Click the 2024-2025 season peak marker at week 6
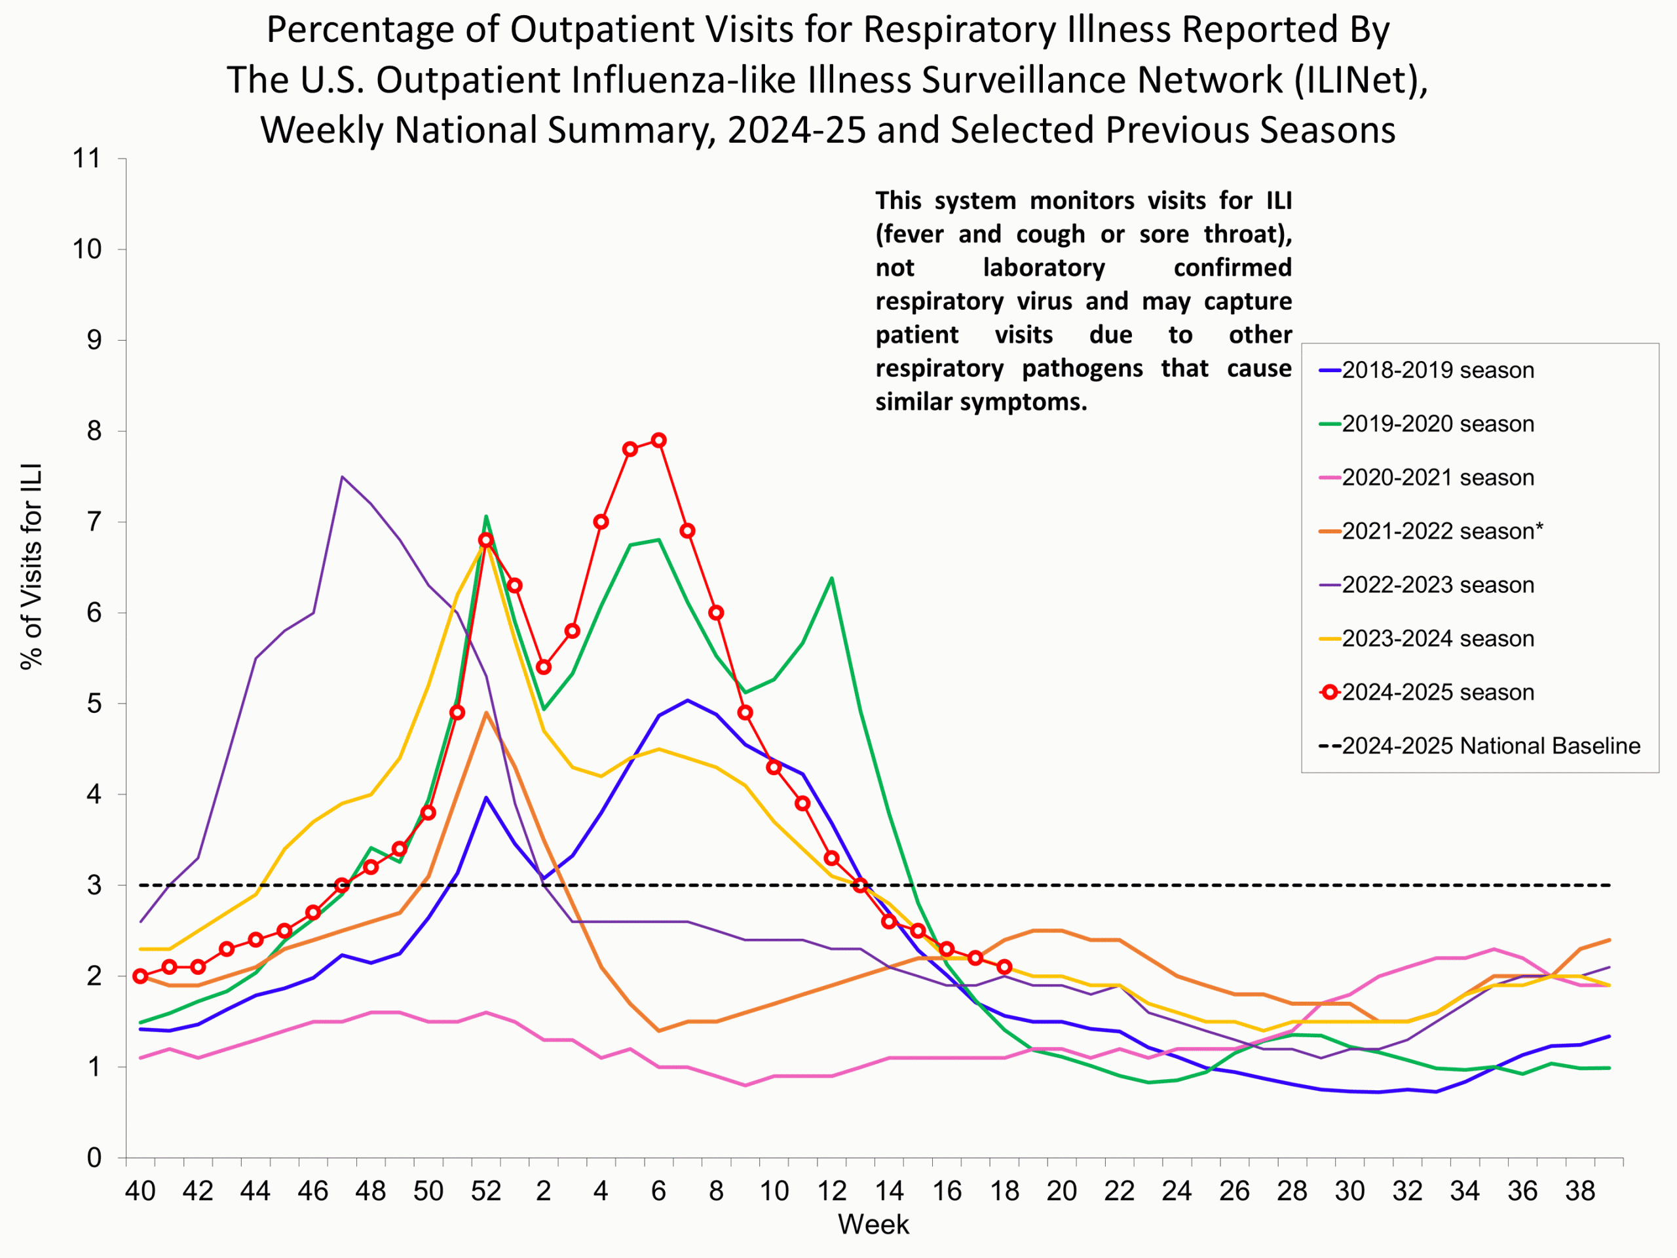coord(659,440)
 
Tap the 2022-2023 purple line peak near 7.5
coord(343,477)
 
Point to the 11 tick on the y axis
coord(86,159)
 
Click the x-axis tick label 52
coord(485,1191)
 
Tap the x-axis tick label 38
coord(1580,1191)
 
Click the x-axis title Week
coord(873,1225)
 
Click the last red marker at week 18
coord(1004,967)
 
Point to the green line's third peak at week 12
coord(832,579)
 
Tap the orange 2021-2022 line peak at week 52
coord(486,713)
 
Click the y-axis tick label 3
coord(94,885)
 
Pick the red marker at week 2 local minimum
coord(544,667)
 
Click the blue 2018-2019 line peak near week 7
coord(688,700)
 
